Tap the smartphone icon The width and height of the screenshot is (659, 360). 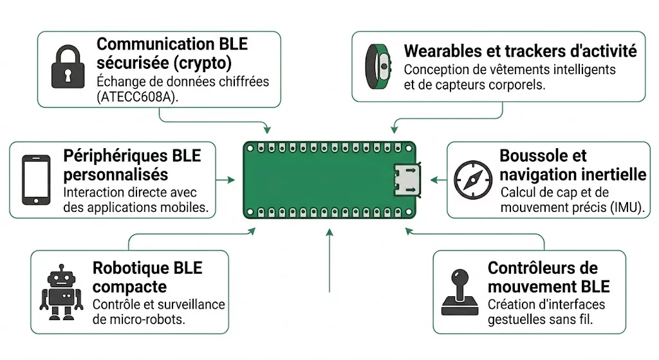tap(36, 179)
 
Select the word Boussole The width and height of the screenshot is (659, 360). tap(534, 156)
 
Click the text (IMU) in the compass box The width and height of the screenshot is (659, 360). tap(631, 207)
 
